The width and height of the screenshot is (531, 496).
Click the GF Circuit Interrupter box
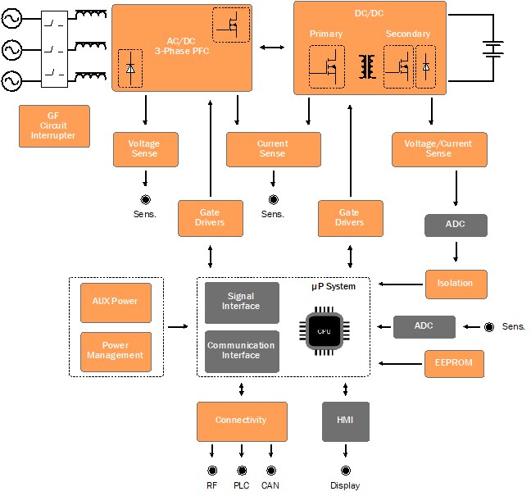[x=52, y=126]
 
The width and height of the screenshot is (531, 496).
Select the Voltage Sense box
[x=145, y=149]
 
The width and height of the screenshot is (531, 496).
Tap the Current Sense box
[x=272, y=149]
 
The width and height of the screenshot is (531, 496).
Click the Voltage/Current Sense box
[x=438, y=149]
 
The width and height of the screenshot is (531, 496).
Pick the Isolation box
[x=455, y=284]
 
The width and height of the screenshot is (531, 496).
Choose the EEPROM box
[x=455, y=363]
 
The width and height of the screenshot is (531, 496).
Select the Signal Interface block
[x=242, y=302]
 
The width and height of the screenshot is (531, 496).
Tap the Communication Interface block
[x=242, y=351]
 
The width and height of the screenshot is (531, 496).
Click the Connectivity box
[x=242, y=421]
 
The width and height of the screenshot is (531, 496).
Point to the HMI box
[x=345, y=421]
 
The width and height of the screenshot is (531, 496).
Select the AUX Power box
[x=116, y=301]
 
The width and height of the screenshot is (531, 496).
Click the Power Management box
[x=116, y=351]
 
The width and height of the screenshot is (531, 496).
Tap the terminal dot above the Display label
[x=345, y=470]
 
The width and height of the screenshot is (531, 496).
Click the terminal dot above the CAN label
[x=270, y=470]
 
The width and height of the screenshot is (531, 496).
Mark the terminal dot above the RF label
[x=212, y=470]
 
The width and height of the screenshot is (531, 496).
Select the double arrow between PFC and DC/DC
[x=272, y=48]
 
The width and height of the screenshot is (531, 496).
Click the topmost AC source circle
[x=12, y=18]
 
